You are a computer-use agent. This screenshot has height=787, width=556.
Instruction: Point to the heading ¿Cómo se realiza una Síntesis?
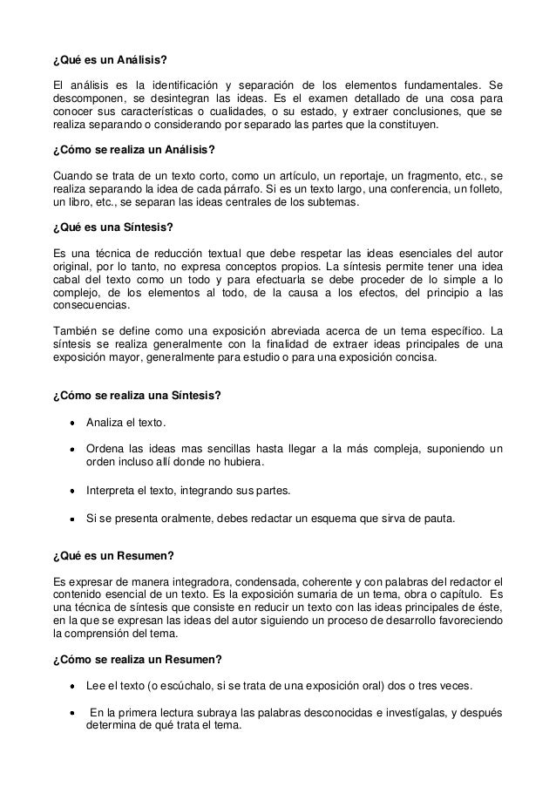pyautogui.click(x=137, y=395)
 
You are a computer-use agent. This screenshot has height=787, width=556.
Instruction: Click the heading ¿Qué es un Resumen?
pyautogui.click(x=110, y=555)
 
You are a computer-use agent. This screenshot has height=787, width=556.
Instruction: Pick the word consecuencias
pyautogui.click(x=90, y=306)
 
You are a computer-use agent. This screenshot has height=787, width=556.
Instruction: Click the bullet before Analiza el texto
pyautogui.click(x=69, y=424)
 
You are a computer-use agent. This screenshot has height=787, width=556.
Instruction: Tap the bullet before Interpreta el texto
pyautogui.click(x=69, y=490)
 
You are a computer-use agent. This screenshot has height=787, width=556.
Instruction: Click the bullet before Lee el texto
pyautogui.click(x=69, y=685)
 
